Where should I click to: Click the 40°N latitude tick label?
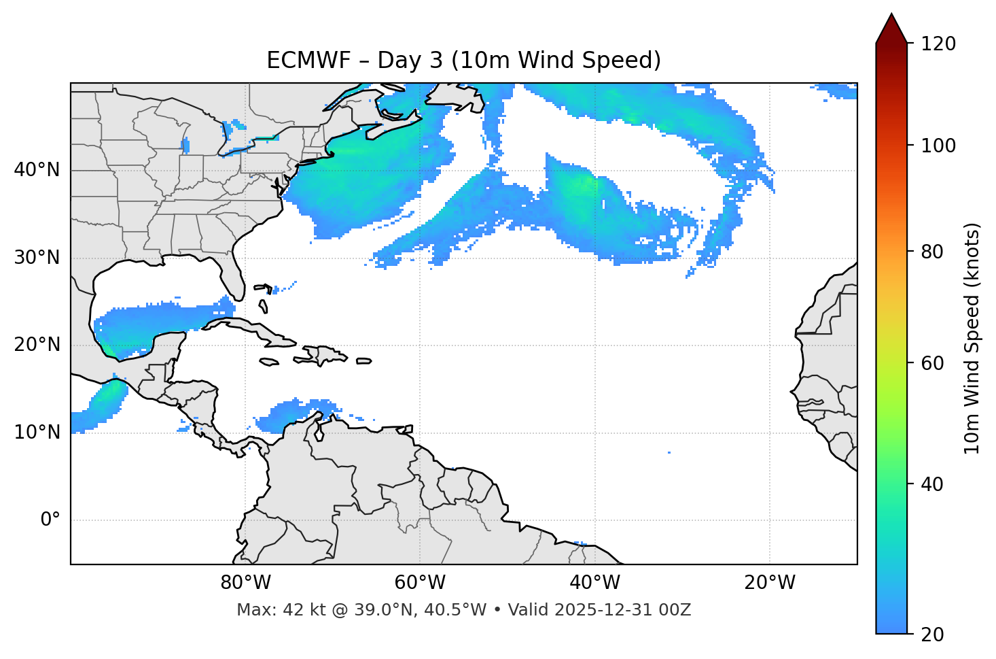pyautogui.click(x=37, y=170)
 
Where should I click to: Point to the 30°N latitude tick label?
pyautogui.click(x=37, y=258)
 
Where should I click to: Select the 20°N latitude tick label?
pyautogui.click(x=37, y=345)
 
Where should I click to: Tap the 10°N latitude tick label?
pyautogui.click(x=37, y=433)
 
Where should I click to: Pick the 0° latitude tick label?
pyautogui.click(x=50, y=520)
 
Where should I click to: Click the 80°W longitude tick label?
pyautogui.click(x=245, y=583)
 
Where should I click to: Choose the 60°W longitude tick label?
pyautogui.click(x=420, y=583)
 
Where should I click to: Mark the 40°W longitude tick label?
pyautogui.click(x=594, y=583)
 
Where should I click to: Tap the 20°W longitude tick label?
pyautogui.click(x=769, y=583)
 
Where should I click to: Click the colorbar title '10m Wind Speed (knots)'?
pyautogui.click(x=972, y=338)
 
